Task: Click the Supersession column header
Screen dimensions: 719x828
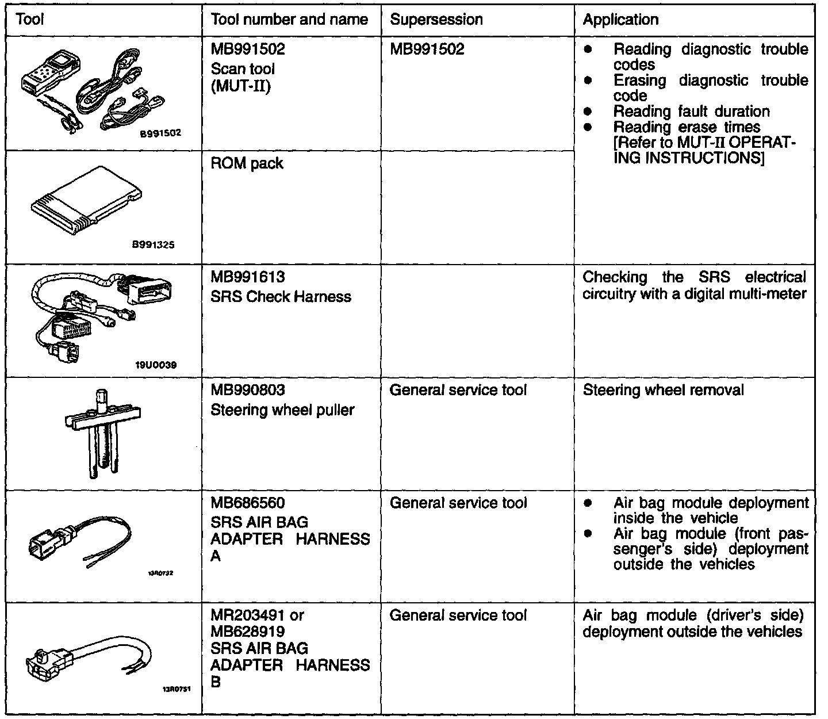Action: coord(436,20)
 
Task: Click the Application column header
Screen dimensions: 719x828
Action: coord(620,20)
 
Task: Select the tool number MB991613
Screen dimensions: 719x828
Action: coord(248,277)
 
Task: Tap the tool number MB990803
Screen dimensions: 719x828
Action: coord(248,391)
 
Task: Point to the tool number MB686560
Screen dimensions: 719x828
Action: coord(248,503)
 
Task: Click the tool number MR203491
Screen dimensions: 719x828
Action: coord(248,615)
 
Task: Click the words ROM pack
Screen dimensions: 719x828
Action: coord(247,164)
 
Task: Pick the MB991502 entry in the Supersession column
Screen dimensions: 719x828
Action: coord(427,49)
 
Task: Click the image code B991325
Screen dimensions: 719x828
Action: coord(153,245)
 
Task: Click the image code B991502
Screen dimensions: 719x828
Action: coord(160,133)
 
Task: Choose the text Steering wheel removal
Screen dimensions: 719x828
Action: coord(663,391)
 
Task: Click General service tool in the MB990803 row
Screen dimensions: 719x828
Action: coord(458,391)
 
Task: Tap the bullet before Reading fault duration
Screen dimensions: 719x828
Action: coord(588,112)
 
